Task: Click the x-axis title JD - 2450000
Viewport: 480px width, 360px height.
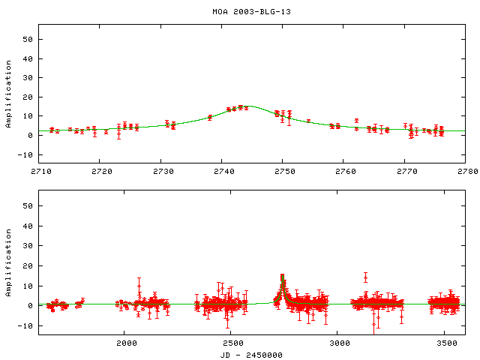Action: (x=252, y=354)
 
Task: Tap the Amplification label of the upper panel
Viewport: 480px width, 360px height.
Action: (x=8, y=94)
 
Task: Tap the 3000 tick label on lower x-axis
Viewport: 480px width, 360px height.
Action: (x=338, y=343)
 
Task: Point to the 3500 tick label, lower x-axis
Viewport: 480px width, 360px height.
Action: (x=445, y=343)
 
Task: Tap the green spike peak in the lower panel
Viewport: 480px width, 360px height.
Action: (x=282, y=276)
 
